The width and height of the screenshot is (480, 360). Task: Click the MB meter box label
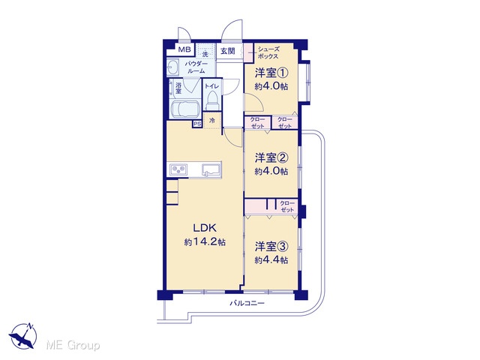click(x=184, y=49)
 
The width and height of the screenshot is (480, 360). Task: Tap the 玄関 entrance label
click(x=228, y=51)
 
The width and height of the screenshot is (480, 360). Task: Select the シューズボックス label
click(x=268, y=52)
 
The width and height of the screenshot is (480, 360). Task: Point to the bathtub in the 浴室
click(x=185, y=109)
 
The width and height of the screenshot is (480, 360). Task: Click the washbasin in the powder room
click(x=173, y=67)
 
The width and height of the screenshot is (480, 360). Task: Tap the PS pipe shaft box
click(x=197, y=124)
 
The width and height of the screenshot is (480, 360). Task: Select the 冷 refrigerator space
click(x=212, y=120)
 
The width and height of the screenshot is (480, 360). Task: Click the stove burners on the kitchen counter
click(x=178, y=169)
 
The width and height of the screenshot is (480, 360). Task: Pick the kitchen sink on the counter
click(x=211, y=170)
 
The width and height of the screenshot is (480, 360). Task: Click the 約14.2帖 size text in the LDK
click(x=205, y=242)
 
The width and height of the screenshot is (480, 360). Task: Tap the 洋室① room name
click(x=271, y=73)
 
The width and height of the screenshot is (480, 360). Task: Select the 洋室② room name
click(x=271, y=158)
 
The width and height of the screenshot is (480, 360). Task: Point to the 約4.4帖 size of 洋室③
click(x=271, y=260)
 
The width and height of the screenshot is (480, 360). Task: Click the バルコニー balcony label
click(x=247, y=303)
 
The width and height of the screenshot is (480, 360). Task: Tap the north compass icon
click(x=23, y=335)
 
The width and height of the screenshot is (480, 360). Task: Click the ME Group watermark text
click(x=73, y=345)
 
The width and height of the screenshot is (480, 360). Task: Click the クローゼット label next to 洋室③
click(x=286, y=206)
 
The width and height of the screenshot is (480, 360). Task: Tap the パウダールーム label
click(x=196, y=67)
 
